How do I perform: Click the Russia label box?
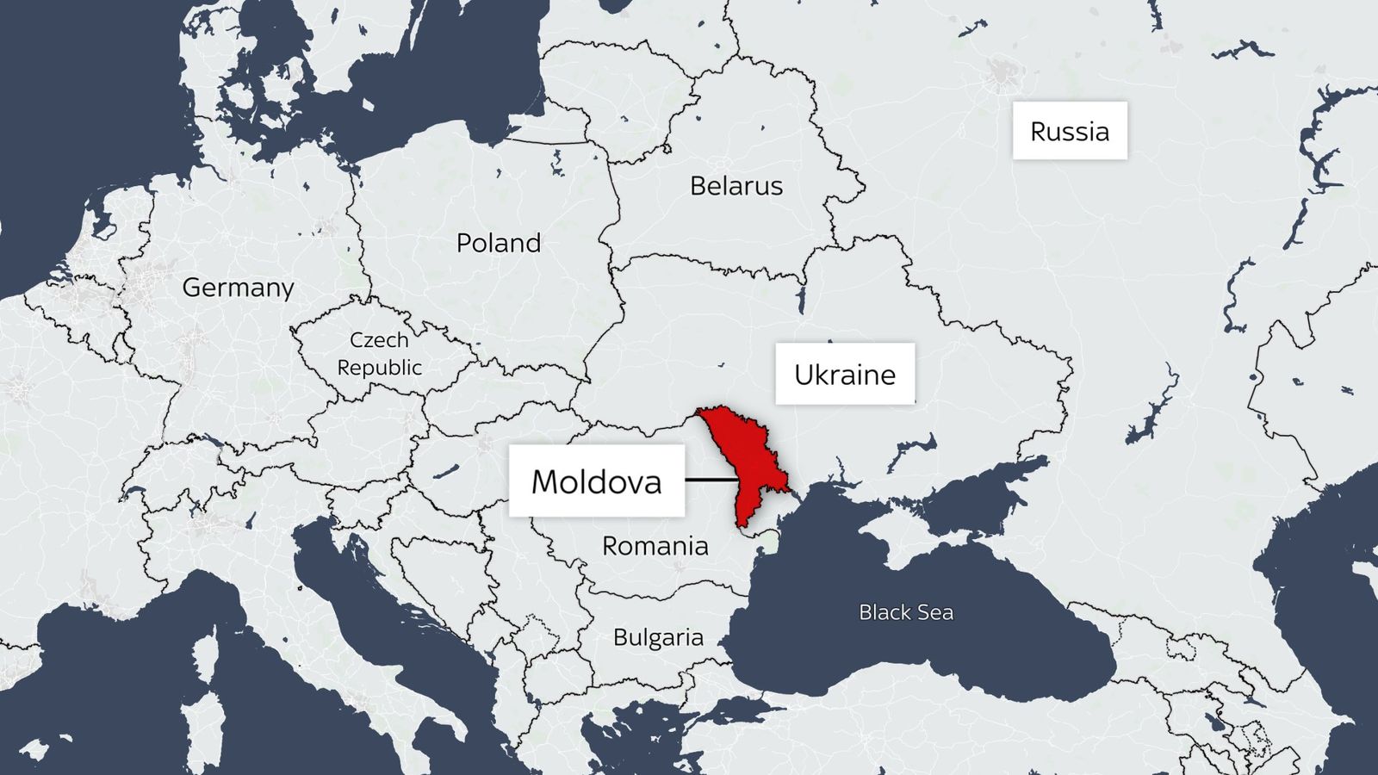tap(1069, 131)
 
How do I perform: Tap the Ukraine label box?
tap(845, 374)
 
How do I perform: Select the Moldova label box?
tap(596, 480)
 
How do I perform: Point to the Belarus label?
tap(736, 186)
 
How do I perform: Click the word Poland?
tap(499, 243)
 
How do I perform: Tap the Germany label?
tap(238, 288)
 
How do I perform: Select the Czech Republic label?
tap(379, 354)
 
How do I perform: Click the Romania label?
tap(655, 546)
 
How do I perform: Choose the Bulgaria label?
tap(658, 637)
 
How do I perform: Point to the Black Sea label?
tap(906, 612)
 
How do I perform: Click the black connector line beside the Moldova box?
tap(711, 480)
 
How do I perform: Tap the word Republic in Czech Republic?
tap(379, 368)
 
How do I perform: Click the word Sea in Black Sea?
tap(934, 612)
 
